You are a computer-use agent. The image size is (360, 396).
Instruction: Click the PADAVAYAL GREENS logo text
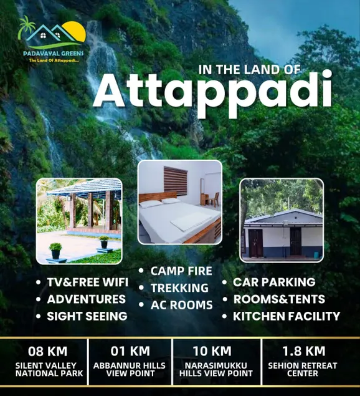pyautogui.click(x=53, y=54)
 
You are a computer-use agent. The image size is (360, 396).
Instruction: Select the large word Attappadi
pyautogui.click(x=212, y=93)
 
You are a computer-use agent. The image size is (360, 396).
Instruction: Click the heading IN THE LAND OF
pyautogui.click(x=250, y=70)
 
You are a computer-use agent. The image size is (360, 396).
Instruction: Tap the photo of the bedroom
pyautogui.click(x=180, y=202)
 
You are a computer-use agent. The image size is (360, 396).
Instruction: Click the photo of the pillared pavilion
pyautogui.click(x=79, y=221)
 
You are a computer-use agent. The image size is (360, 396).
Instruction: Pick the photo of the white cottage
pyautogui.click(x=282, y=220)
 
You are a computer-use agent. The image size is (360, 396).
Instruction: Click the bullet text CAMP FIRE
pyautogui.click(x=181, y=271)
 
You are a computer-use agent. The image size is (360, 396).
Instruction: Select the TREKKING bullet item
pyautogui.click(x=179, y=288)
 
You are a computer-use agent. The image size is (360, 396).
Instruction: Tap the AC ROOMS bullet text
pyautogui.click(x=182, y=305)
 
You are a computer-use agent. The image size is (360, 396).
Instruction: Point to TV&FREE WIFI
pyautogui.click(x=88, y=282)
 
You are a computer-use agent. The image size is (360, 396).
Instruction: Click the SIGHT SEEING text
pyautogui.click(x=87, y=316)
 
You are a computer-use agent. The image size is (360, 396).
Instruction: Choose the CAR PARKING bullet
pyautogui.click(x=274, y=282)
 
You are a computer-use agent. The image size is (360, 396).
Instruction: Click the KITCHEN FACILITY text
pyautogui.click(x=287, y=316)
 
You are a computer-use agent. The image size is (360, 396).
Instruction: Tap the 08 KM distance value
pyautogui.click(x=48, y=351)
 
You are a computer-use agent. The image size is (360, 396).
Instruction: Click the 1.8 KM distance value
pyautogui.click(x=303, y=351)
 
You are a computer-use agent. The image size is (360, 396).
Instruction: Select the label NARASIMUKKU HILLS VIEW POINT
pyautogui.click(x=216, y=369)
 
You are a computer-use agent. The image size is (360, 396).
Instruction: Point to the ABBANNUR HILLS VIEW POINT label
pyautogui.click(x=130, y=369)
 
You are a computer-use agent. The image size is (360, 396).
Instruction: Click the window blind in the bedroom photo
pyautogui.click(x=176, y=180)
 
